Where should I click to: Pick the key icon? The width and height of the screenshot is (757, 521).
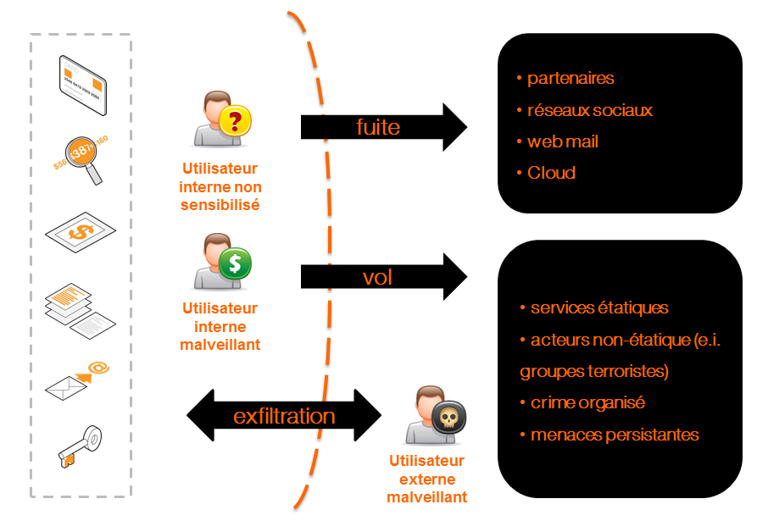pyautogui.click(x=81, y=446)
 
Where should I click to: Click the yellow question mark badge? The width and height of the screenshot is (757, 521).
pyautogui.click(x=235, y=122)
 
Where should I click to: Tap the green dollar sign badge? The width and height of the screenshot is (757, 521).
pyautogui.click(x=235, y=264)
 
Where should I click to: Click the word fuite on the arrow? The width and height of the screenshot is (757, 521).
pyautogui.click(x=377, y=127)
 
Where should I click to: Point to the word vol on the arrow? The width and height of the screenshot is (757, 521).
pyautogui.click(x=377, y=276)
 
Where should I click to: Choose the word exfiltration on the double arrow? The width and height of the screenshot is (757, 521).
pyautogui.click(x=284, y=416)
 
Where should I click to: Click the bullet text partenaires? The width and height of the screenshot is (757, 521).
pyautogui.click(x=571, y=79)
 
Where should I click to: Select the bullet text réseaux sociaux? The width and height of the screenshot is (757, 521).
pyautogui.click(x=590, y=111)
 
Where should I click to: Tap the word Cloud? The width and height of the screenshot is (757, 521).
pyautogui.click(x=551, y=173)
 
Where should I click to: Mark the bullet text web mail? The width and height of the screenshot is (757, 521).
pyautogui.click(x=563, y=141)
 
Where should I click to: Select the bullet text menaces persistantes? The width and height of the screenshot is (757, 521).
pyautogui.click(x=615, y=435)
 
